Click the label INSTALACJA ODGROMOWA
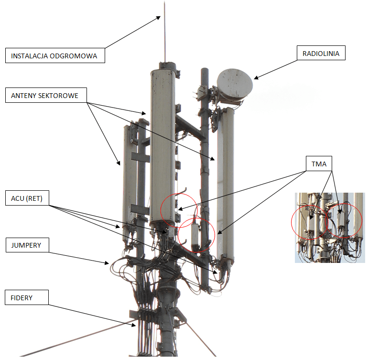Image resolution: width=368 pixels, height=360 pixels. click(54, 55)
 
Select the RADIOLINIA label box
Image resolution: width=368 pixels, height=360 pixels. click(321, 54)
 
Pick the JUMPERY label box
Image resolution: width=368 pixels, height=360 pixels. click(26, 246)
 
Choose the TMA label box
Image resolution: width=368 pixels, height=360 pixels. click(319, 164)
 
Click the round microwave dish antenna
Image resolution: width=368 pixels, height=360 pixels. click(235, 85)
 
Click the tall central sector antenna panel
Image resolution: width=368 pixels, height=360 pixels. click(163, 143)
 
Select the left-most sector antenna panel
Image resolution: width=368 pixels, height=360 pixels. click(129, 182)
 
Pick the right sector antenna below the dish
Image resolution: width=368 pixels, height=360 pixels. click(225, 182)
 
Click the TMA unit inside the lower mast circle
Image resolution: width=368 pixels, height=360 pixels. click(195, 236)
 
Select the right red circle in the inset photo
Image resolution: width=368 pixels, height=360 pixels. click(344, 220)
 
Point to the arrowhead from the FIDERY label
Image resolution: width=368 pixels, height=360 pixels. click(136, 325)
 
